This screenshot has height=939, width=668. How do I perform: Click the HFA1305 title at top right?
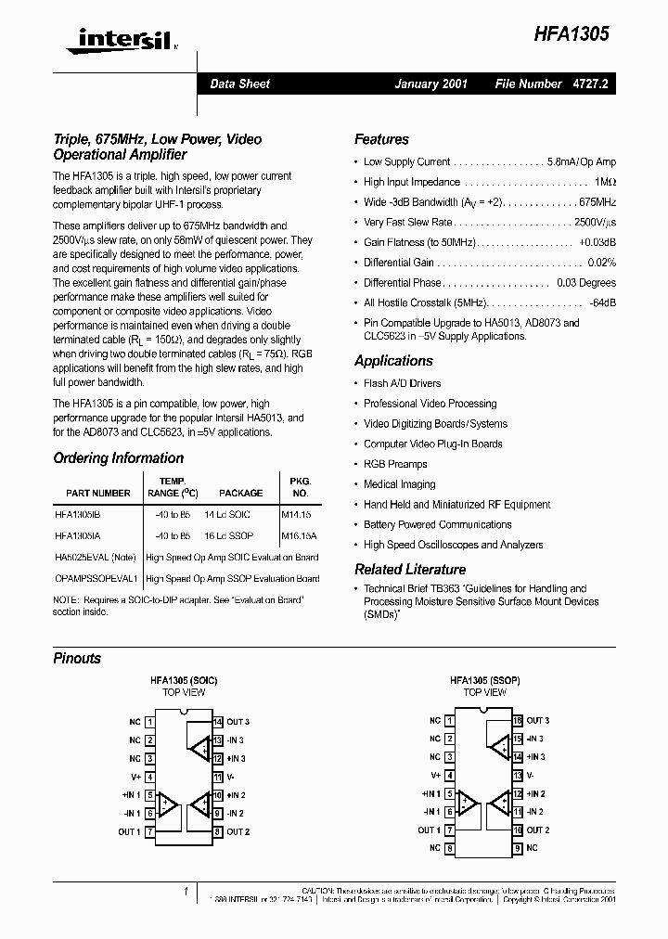coord(570,33)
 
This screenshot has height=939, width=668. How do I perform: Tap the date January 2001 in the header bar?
coord(430,84)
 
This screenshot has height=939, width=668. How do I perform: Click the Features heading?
coord(381,139)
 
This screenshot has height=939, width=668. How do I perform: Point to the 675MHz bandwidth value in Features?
coord(597,202)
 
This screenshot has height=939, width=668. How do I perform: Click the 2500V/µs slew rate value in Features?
coord(594,223)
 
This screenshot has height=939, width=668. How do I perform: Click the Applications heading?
coord(393,361)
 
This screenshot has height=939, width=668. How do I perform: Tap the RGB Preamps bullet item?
coord(395,464)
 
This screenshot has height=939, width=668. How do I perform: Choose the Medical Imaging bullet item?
coord(400,484)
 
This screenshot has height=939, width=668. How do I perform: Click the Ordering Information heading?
coord(118,458)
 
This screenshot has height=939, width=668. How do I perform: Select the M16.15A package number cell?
coord(300,535)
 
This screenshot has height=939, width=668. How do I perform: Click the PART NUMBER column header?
coord(98,494)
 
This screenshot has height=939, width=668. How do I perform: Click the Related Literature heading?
coord(410,570)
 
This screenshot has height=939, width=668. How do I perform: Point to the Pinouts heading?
coord(77,659)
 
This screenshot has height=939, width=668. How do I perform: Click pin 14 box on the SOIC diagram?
coord(217,721)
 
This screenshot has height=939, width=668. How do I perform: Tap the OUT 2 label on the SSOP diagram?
coord(537,830)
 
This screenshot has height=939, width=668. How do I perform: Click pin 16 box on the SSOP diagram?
coord(518,720)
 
